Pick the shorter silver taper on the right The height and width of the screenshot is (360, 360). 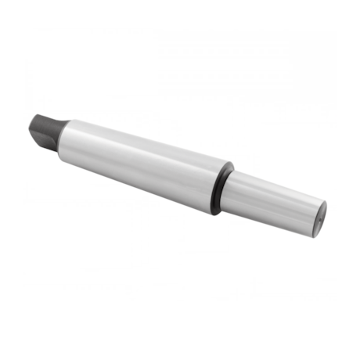[x=274, y=203]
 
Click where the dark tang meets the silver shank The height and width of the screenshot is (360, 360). [x=63, y=135]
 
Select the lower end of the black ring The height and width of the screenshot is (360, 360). [x=216, y=212]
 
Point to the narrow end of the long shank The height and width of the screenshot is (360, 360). [x=69, y=137]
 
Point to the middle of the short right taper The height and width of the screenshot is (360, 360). [x=274, y=202]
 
